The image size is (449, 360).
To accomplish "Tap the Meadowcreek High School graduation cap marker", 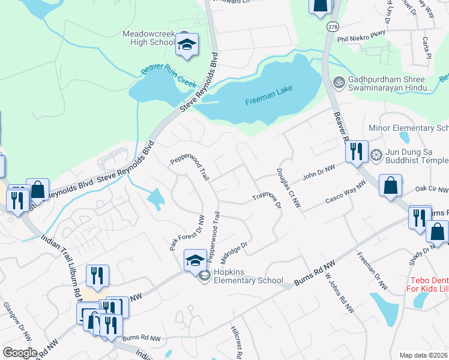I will click(x=187, y=45).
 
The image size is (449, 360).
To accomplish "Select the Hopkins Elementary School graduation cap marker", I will click(x=195, y=261).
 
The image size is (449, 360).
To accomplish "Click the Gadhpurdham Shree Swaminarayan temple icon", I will click(x=339, y=81).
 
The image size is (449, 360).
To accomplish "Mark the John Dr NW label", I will click(x=318, y=174).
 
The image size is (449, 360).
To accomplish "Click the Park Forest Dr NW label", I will click(x=187, y=233).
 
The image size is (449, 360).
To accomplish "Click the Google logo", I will click(x=20, y=353).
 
